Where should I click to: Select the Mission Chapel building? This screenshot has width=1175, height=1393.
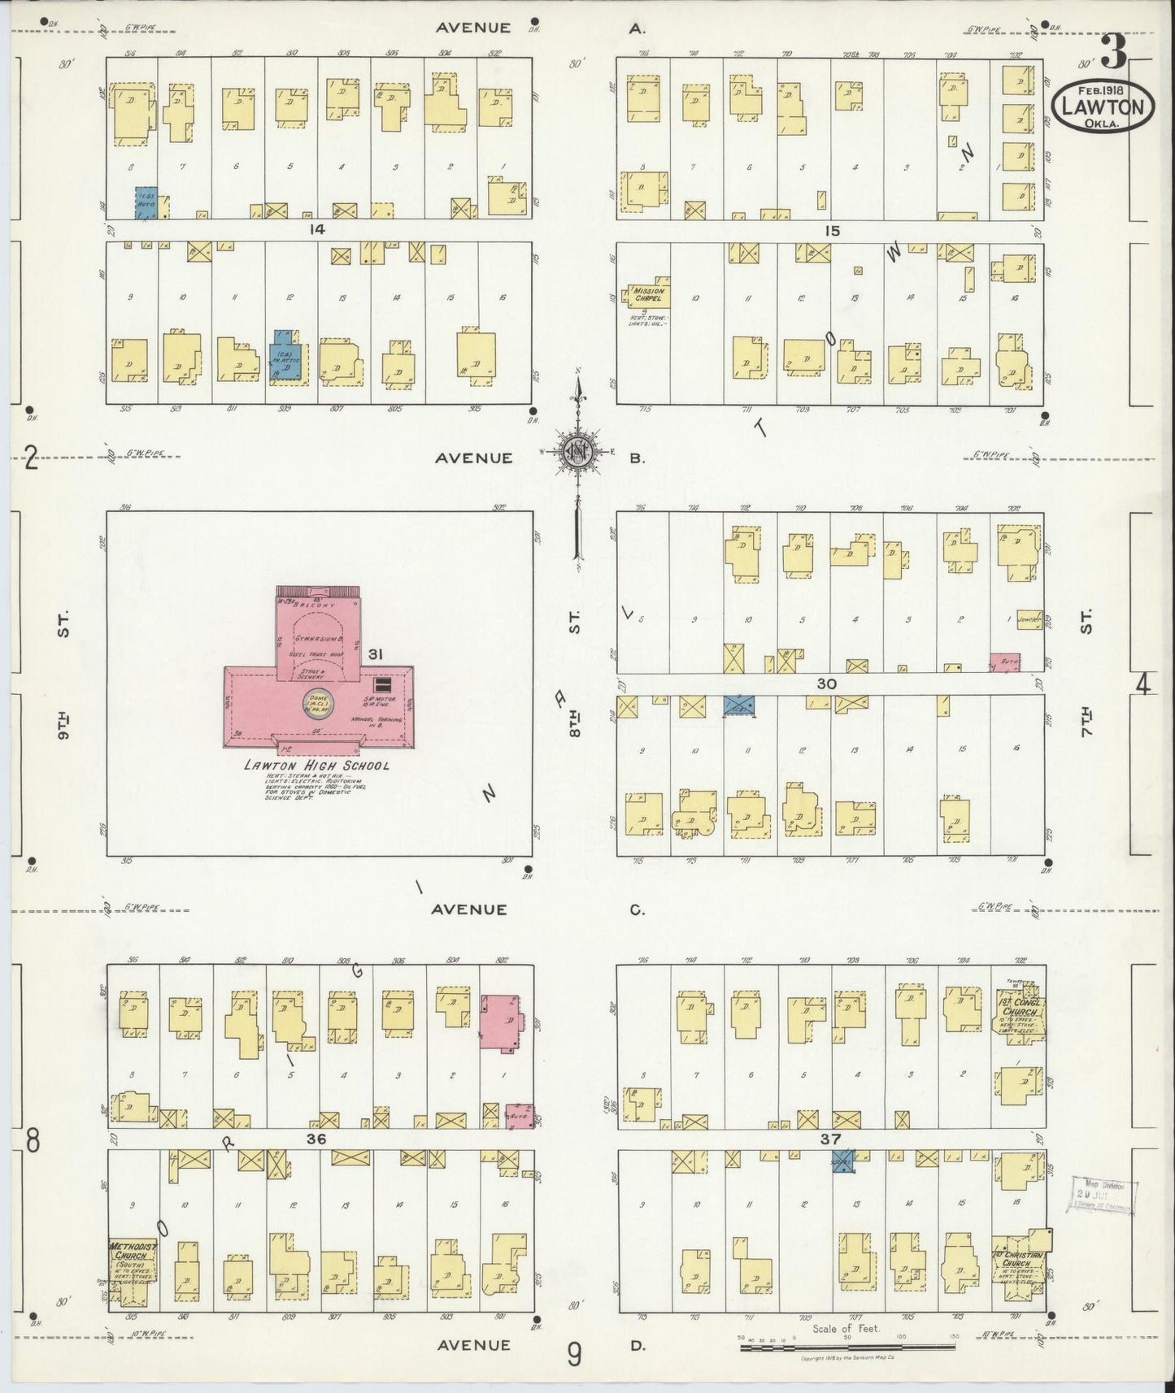pos(647,294)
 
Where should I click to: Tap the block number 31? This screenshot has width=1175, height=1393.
pos(375,653)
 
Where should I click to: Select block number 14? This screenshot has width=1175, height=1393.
pos(316,230)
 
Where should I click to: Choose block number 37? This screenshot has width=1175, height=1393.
pos(830,1139)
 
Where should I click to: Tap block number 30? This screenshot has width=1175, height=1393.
pos(827,684)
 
